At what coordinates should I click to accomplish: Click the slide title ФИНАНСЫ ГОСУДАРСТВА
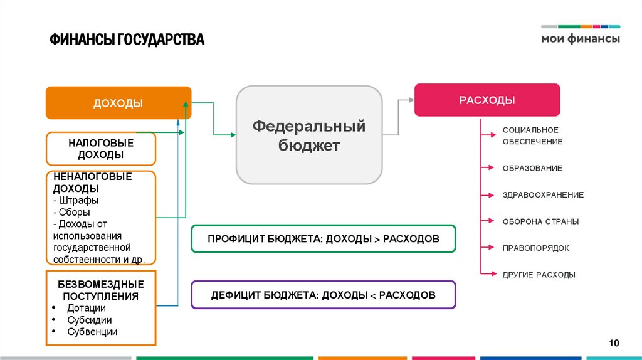[x=127, y=40]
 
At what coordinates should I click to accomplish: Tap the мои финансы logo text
[x=580, y=38]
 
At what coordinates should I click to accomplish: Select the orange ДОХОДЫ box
[x=118, y=103]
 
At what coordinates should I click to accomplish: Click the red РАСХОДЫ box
[x=487, y=100]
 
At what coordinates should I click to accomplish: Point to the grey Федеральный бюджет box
[x=309, y=135]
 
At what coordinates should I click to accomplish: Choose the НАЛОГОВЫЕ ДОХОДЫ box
[x=100, y=149]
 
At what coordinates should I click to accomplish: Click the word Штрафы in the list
[x=79, y=200]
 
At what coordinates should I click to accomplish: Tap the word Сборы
[x=75, y=212]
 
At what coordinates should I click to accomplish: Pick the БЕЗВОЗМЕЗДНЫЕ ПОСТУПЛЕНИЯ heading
[x=101, y=290]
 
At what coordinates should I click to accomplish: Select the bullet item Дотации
[x=87, y=308]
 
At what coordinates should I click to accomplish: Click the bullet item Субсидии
[x=90, y=320]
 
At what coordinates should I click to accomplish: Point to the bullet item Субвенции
[x=92, y=332]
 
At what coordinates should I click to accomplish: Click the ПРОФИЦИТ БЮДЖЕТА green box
[x=323, y=239]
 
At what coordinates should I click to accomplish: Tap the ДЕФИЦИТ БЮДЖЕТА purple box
[x=323, y=295]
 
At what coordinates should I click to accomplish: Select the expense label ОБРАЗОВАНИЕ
[x=532, y=168]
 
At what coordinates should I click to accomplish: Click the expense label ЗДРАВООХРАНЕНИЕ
[x=543, y=194]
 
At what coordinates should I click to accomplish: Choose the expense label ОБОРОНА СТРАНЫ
[x=540, y=221]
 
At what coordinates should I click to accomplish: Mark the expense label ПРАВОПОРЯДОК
[x=535, y=248]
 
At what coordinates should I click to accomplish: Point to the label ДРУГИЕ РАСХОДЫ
[x=539, y=275]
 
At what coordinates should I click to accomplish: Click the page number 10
[x=614, y=342]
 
